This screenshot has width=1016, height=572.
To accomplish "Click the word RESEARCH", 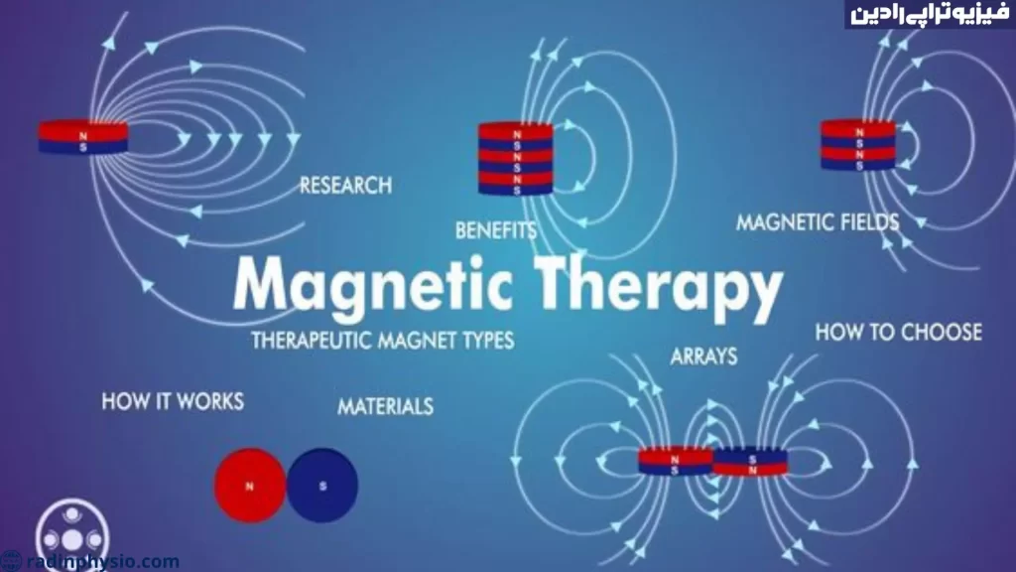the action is (x=345, y=186).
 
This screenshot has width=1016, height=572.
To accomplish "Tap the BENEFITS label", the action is (x=496, y=230).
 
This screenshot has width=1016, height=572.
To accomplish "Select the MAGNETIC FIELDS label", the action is (x=818, y=222).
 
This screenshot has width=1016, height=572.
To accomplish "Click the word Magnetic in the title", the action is (x=373, y=285).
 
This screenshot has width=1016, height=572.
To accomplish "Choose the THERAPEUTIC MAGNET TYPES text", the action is (x=383, y=340).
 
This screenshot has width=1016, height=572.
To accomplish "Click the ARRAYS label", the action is (x=703, y=357).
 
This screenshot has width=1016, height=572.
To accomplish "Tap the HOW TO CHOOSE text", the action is (x=899, y=332).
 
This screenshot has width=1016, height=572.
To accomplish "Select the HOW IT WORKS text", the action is (x=173, y=401).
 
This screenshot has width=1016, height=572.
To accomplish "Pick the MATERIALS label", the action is (x=386, y=406).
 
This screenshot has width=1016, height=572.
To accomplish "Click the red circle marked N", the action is (x=250, y=485).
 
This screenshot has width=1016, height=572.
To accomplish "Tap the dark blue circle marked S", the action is (x=322, y=485).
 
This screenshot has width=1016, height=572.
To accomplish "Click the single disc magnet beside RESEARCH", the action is (x=83, y=137).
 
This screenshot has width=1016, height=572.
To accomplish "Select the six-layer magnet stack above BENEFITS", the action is (x=516, y=159).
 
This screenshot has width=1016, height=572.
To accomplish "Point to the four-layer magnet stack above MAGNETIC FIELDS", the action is (x=858, y=145).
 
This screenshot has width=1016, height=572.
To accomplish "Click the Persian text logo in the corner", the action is (x=930, y=14).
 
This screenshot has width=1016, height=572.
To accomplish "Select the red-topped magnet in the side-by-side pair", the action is (x=675, y=461).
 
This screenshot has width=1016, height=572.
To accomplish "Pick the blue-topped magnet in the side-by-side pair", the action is (x=750, y=463).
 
